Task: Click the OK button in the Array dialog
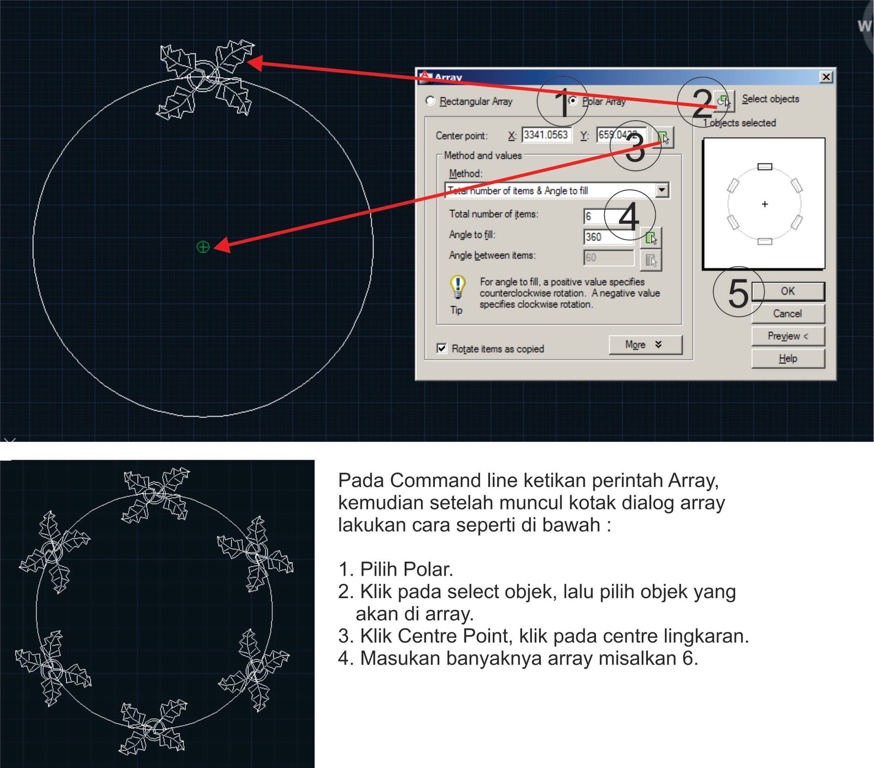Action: point(787,291)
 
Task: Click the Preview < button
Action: point(787,336)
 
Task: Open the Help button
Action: point(787,359)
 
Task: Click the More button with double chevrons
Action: point(645,344)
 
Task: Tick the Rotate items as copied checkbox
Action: point(442,348)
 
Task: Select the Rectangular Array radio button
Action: point(430,101)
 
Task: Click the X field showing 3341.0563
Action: point(546,135)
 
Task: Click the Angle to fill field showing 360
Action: point(608,237)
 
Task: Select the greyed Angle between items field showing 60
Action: point(608,257)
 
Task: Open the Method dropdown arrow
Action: point(662,190)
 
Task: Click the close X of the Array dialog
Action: point(826,77)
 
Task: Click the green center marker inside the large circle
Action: point(203,247)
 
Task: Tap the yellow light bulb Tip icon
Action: point(457,286)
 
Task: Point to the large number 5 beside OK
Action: point(737,293)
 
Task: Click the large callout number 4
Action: point(629,216)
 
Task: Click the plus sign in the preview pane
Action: point(765,204)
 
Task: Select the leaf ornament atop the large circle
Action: point(206,78)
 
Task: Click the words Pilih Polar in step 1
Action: point(406,570)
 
